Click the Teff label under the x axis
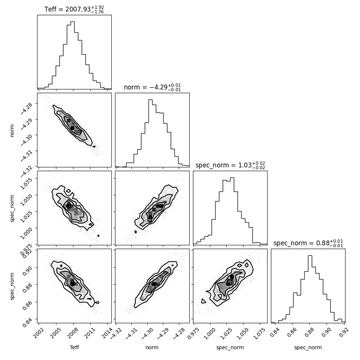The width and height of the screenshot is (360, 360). coord(74,347)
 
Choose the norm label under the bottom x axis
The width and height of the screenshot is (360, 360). coord(152,347)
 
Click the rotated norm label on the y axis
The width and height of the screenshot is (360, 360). coord(12,131)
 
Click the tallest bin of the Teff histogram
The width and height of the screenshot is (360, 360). coord(72,55)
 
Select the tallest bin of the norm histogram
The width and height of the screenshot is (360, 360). coord(150,133)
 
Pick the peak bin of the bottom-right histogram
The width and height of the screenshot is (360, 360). coord(310,289)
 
